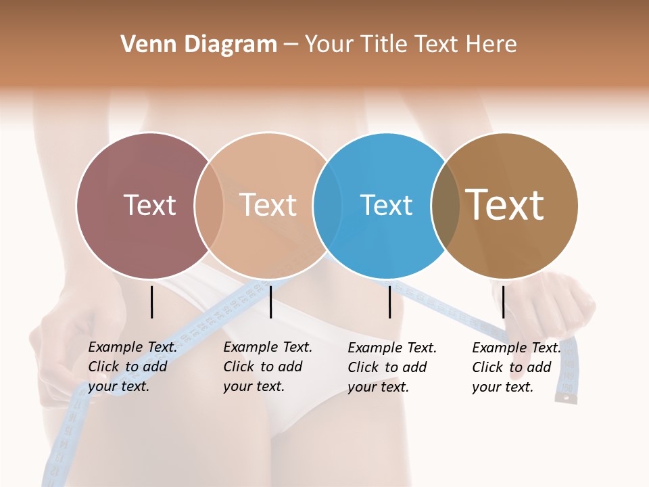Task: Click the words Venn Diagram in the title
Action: pyautogui.click(x=199, y=45)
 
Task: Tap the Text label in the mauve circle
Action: pyautogui.click(x=149, y=205)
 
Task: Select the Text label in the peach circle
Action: pyautogui.click(x=268, y=205)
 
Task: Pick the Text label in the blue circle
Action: pyautogui.click(x=386, y=205)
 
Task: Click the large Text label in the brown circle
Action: pyautogui.click(x=504, y=204)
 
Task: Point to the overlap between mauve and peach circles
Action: pyautogui.click(x=209, y=206)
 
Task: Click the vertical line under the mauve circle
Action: pyautogui.click(x=151, y=302)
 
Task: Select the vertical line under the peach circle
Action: pyautogui.click(x=270, y=302)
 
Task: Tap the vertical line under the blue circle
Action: pyautogui.click(x=389, y=302)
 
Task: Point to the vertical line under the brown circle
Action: pyautogui.click(x=503, y=302)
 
